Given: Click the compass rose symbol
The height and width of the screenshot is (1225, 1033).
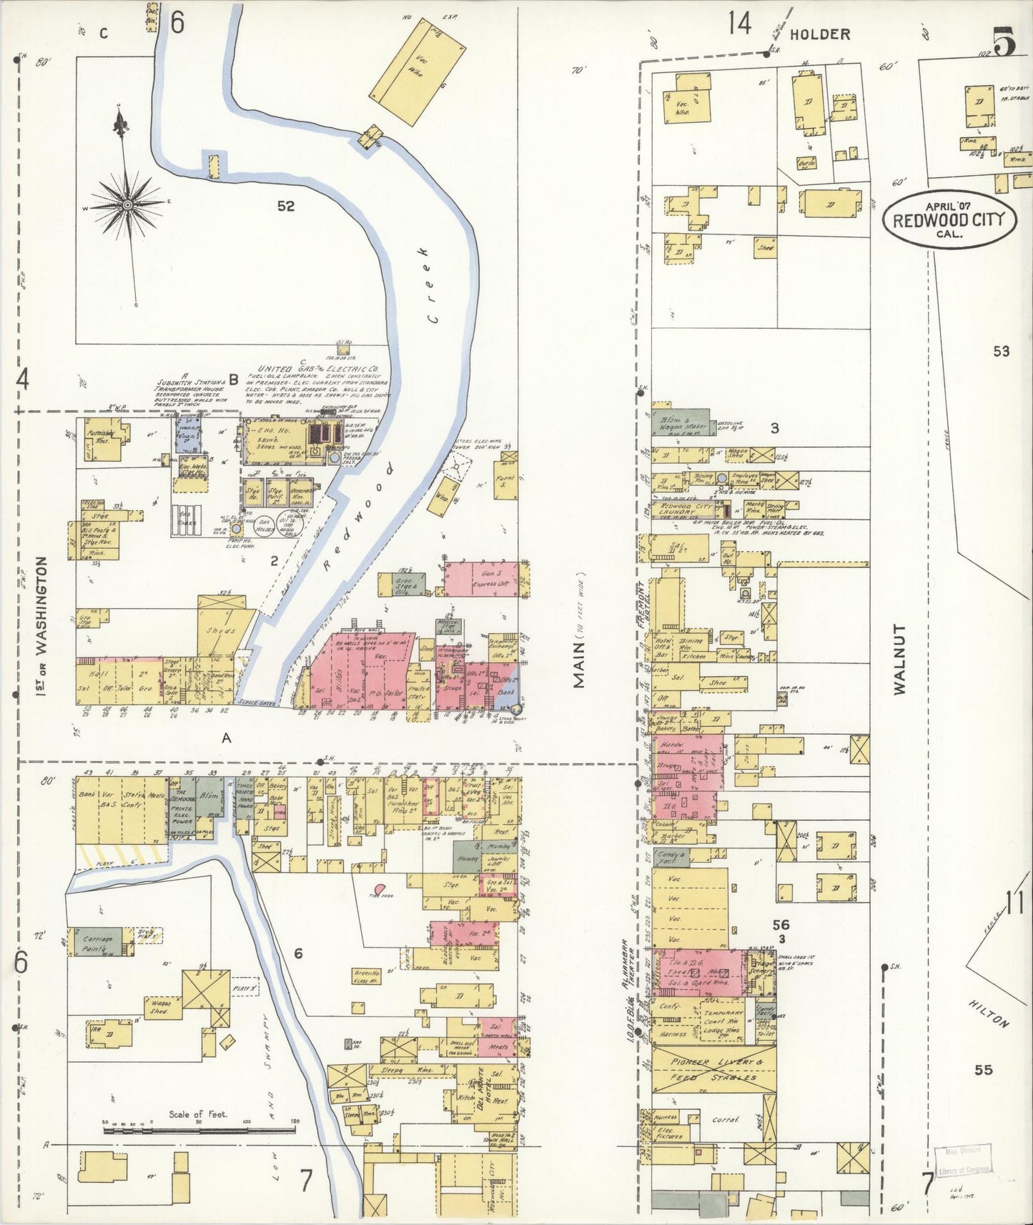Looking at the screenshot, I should (x=127, y=204).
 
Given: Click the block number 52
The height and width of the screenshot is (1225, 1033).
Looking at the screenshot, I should (x=286, y=207).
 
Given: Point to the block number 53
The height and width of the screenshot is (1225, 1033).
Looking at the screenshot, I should (x=1002, y=351).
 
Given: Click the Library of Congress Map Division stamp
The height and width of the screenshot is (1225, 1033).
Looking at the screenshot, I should (x=963, y=1160).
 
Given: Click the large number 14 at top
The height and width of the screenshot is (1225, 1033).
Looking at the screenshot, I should (x=740, y=25).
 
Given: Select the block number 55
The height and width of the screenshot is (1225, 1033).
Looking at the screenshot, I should (x=984, y=1070).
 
